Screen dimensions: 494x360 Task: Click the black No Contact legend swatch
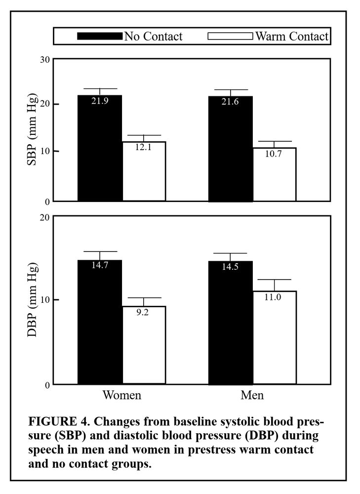99,36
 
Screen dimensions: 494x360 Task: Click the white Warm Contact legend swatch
231,36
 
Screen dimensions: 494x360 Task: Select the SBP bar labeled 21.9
100,148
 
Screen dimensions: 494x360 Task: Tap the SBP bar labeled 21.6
231,149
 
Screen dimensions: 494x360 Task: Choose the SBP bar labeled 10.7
274,175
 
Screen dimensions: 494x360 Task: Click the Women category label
121,396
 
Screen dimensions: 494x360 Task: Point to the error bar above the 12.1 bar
144,138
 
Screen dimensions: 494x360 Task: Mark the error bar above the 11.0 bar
274,285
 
